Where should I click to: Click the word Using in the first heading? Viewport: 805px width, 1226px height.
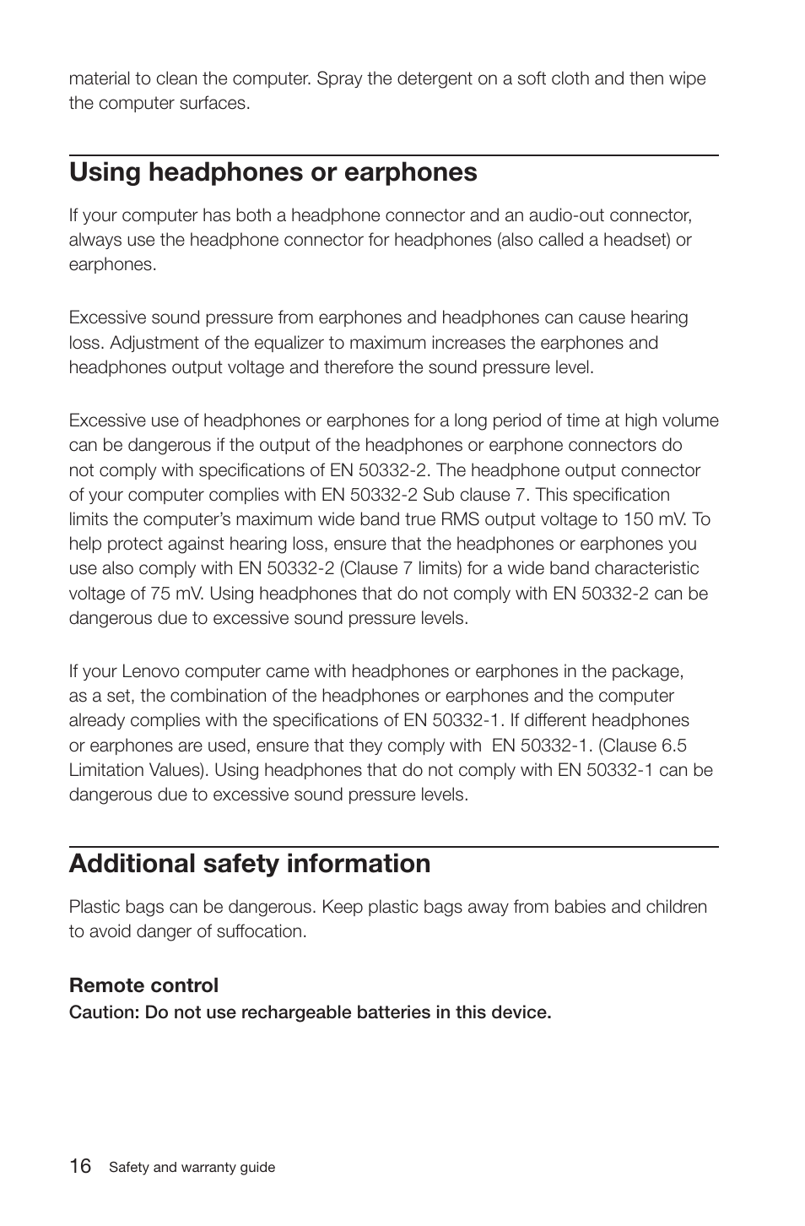point(105,172)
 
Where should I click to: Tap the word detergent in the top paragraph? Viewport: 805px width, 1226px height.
point(433,79)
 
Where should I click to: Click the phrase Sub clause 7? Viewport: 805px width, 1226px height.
point(473,495)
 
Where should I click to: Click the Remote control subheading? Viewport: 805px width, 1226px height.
point(143,985)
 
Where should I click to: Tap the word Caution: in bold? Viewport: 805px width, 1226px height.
point(104,1012)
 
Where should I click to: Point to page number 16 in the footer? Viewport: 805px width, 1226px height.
point(80,1166)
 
